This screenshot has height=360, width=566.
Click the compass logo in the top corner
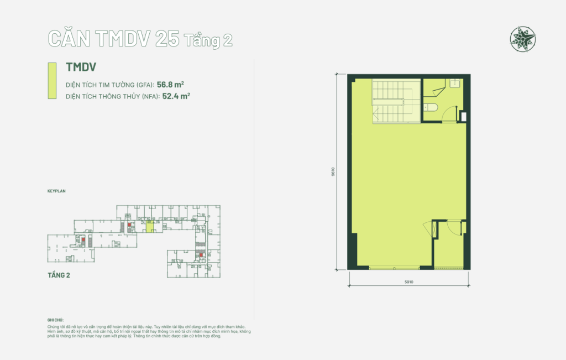coord(523,38)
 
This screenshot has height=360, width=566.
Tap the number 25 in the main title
coord(167,39)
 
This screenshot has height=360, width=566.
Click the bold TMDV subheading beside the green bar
coord(81,67)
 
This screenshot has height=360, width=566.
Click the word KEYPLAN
coord(57,190)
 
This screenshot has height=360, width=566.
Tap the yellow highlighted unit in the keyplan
coord(150,226)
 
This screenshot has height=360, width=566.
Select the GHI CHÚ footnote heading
coord(56,320)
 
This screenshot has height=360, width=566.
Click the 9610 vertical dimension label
coord(334,172)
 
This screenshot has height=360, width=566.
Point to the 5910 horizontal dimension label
coord(409,282)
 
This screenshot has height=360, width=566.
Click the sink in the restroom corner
coord(454,84)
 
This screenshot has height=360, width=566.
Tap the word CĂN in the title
coord(69,39)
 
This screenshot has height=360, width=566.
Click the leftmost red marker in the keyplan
coord(83,240)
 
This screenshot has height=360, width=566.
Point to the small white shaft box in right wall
coord(463,116)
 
